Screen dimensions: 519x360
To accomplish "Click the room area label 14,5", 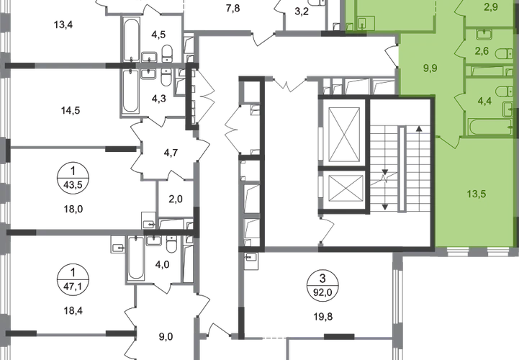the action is (71, 110).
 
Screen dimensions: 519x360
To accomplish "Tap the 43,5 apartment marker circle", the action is (73, 179).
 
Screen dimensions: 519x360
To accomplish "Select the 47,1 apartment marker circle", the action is (73, 281).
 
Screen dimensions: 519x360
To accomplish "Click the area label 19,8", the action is (323, 317).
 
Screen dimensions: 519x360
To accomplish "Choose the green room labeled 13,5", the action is (477, 194).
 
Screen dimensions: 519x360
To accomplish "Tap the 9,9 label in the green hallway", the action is (430, 68).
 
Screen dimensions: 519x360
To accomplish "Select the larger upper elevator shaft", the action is (343, 135).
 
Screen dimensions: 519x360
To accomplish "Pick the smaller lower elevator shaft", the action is (346, 188).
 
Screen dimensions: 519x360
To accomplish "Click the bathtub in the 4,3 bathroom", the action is (130, 91).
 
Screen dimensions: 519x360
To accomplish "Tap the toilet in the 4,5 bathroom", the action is (168, 54).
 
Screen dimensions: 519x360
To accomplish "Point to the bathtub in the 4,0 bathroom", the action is (136, 258).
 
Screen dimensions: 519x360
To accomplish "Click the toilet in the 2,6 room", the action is (505, 54).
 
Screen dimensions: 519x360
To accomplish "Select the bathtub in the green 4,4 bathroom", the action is (490, 127).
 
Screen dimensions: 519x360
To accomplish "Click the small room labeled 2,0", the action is (176, 199).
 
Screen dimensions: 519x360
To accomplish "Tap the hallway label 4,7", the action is (171, 153).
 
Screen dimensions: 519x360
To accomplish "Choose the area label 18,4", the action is (73, 310).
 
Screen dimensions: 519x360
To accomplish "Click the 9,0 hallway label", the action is (166, 337).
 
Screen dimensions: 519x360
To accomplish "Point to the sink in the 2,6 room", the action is (484, 34).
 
